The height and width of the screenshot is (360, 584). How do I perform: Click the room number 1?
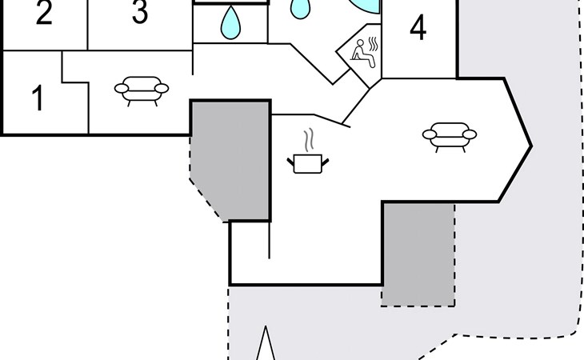pos(37,98)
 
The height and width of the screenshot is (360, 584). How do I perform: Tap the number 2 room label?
pos(44,14)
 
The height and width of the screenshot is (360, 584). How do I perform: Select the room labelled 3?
pos(139,13)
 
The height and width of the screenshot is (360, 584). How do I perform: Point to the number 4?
pos(418,29)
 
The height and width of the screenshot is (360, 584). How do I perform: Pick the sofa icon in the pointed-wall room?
pos(449,136)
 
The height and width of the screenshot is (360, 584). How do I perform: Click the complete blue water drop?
pos(231,22)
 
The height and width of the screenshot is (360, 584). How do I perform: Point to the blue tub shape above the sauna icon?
pos(365,6)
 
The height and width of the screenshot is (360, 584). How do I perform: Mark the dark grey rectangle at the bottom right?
pos(418,253)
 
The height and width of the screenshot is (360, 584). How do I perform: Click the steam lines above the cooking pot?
pos(306,142)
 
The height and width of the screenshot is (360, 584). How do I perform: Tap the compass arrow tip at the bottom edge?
pos(267,329)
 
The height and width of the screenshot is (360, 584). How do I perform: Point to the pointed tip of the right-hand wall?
pos(531,146)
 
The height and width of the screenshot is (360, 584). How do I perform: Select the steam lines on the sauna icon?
pos(374,45)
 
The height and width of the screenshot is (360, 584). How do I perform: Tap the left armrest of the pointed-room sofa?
pos(428,135)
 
